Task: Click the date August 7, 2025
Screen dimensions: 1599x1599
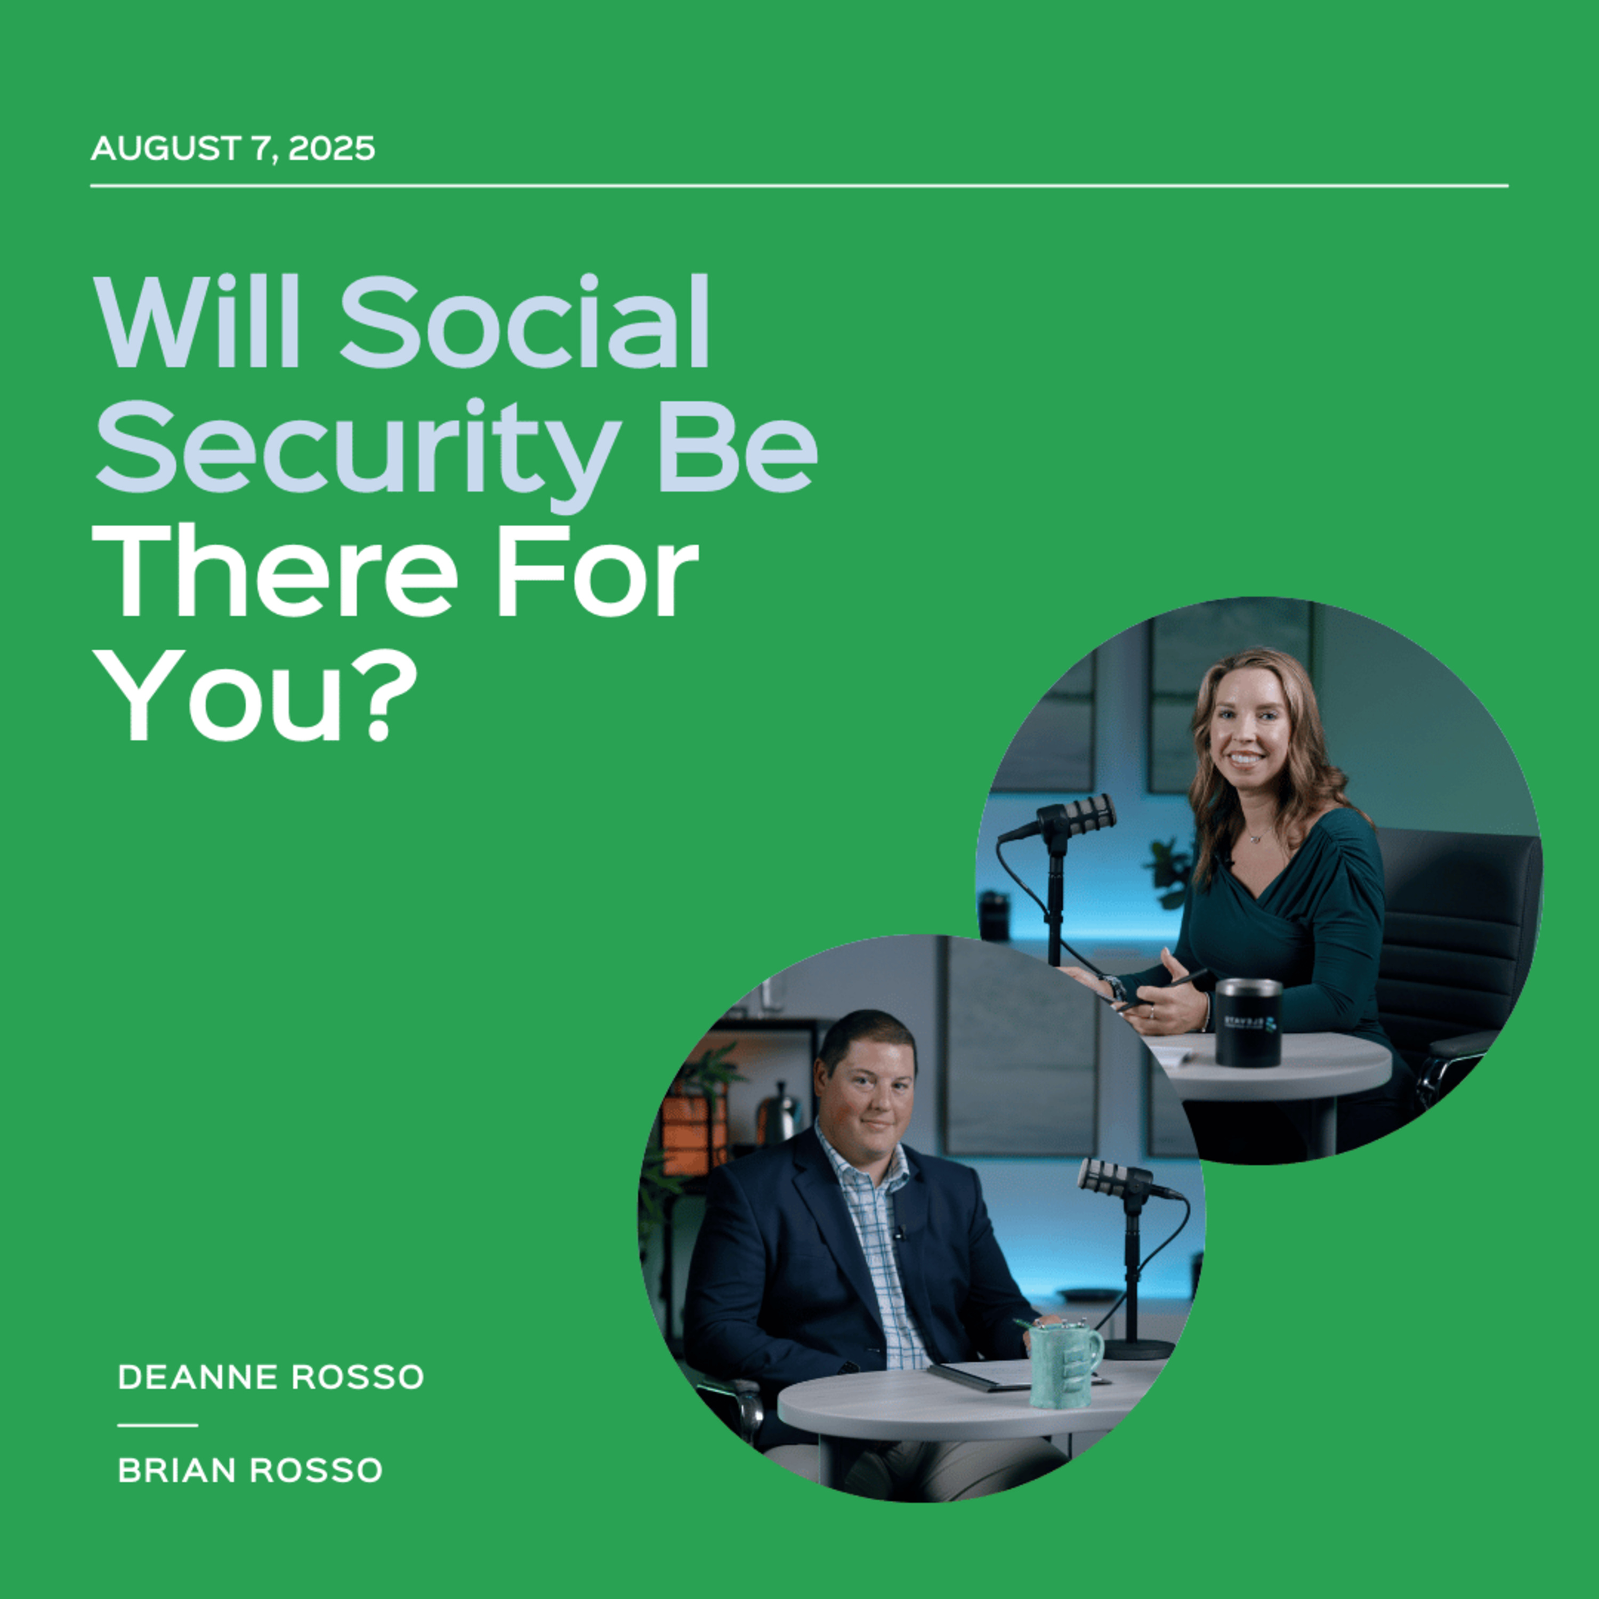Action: point(232,149)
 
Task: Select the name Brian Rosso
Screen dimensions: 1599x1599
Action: point(250,1471)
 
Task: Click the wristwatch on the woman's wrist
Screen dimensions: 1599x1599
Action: point(1114,987)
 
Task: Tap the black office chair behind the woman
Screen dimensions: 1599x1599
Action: point(1457,952)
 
